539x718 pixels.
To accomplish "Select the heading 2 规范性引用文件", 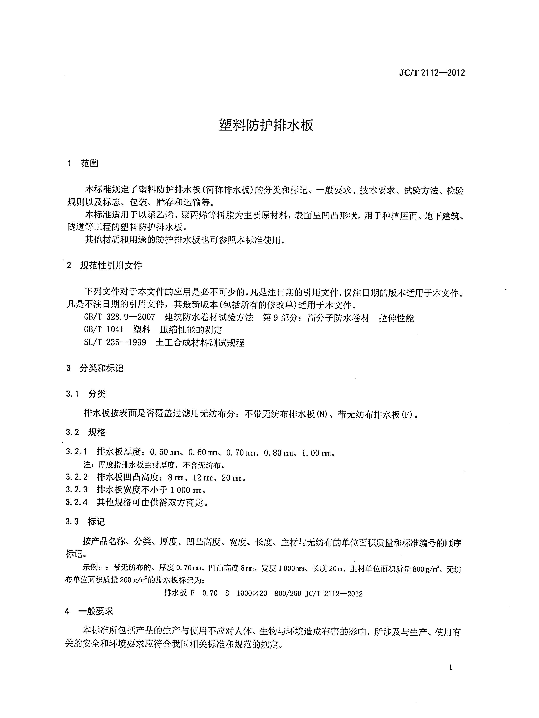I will tap(104, 266).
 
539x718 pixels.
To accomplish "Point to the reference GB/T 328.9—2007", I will tap(119, 317).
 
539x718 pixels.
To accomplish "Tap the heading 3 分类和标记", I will tap(95, 368).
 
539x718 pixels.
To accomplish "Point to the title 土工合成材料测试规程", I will tap(200, 342).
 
